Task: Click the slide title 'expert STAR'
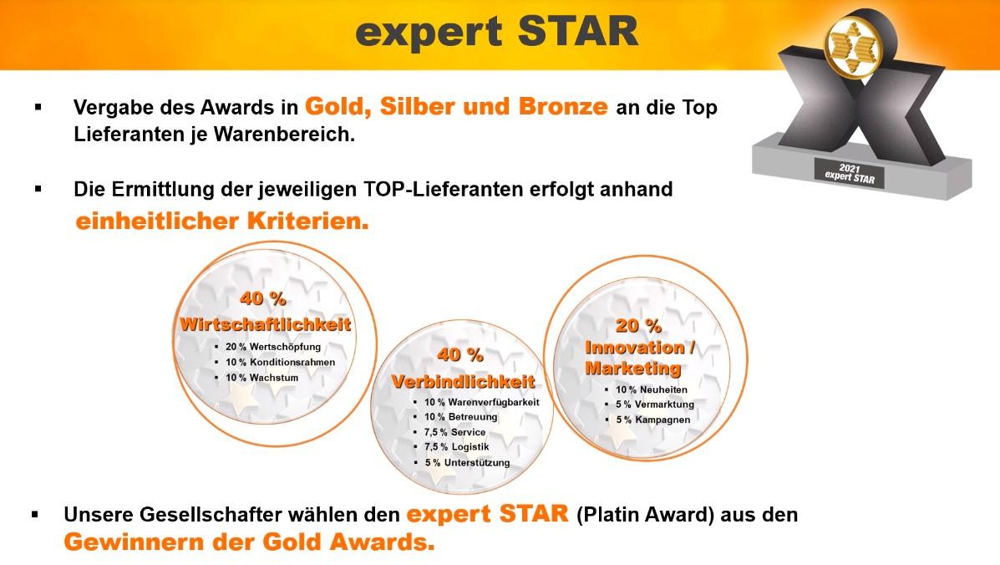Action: [x=497, y=33]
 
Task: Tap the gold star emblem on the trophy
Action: [x=852, y=46]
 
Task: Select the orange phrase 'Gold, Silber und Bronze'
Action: [x=456, y=106]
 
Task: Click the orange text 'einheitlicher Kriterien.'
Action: [x=222, y=221]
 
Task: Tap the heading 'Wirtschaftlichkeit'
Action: [x=266, y=324]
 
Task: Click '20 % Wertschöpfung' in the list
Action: [x=273, y=347]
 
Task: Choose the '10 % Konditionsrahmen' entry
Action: [x=280, y=362]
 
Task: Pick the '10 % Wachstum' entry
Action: [x=261, y=378]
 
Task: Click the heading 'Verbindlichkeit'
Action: [x=463, y=381]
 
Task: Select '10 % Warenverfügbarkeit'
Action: [x=481, y=402]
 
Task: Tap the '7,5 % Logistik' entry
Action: [x=457, y=447]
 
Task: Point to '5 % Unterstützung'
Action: [x=468, y=462]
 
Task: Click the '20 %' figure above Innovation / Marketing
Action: [x=638, y=326]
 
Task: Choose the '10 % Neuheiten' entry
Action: [x=651, y=389]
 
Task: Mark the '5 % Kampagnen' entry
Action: [x=653, y=420]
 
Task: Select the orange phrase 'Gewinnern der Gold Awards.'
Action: [x=249, y=542]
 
